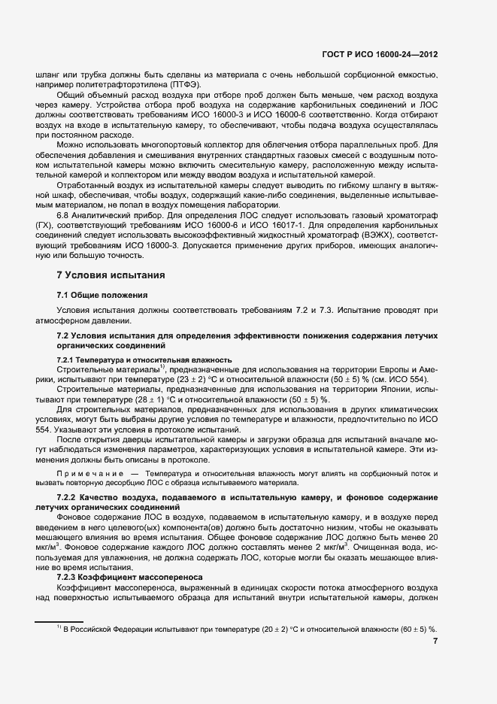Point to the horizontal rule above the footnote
click(59, 621)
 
